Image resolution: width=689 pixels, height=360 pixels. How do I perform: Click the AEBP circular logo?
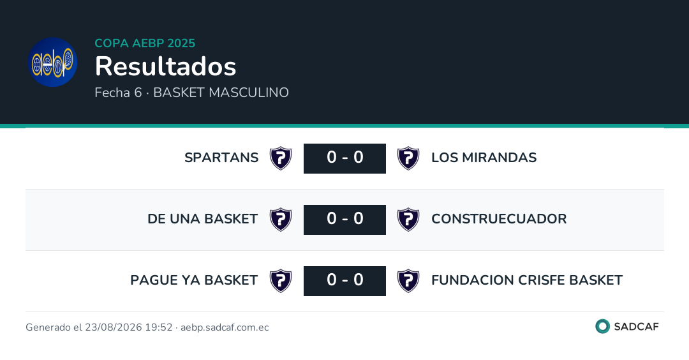(53, 62)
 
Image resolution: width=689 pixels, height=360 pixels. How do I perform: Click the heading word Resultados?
(166, 66)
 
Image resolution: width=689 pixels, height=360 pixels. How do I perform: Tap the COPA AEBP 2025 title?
(145, 43)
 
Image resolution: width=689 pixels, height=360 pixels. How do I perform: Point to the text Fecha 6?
(118, 93)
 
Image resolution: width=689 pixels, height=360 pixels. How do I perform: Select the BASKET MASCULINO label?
(221, 93)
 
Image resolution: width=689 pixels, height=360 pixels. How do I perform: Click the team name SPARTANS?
(221, 158)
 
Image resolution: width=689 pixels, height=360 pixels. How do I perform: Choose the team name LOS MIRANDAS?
(484, 158)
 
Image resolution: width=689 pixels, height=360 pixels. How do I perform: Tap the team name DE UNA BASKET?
(203, 218)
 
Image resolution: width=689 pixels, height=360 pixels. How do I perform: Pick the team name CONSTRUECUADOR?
(499, 218)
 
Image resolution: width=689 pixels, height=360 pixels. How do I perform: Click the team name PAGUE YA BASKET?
(194, 280)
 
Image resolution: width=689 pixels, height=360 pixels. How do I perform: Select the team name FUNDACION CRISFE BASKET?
(527, 280)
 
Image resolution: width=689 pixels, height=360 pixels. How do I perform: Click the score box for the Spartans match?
(344, 158)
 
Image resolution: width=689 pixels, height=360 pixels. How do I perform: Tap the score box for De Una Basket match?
(344, 220)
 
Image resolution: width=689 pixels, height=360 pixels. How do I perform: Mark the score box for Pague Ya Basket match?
(344, 281)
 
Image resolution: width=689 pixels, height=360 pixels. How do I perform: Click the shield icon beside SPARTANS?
(281, 158)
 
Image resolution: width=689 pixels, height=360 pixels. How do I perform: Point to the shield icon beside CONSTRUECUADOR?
(408, 220)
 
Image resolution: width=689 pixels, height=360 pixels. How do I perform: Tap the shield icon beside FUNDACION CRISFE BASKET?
(408, 281)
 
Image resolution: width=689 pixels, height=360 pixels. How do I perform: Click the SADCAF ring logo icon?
(602, 326)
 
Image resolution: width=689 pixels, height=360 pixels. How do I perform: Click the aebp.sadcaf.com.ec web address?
(225, 327)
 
